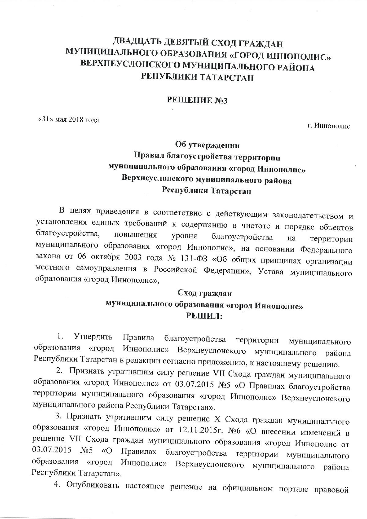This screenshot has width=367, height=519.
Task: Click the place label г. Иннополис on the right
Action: pyautogui.click(x=328, y=126)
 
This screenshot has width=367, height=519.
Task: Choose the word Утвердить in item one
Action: pyautogui.click(x=93, y=337)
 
